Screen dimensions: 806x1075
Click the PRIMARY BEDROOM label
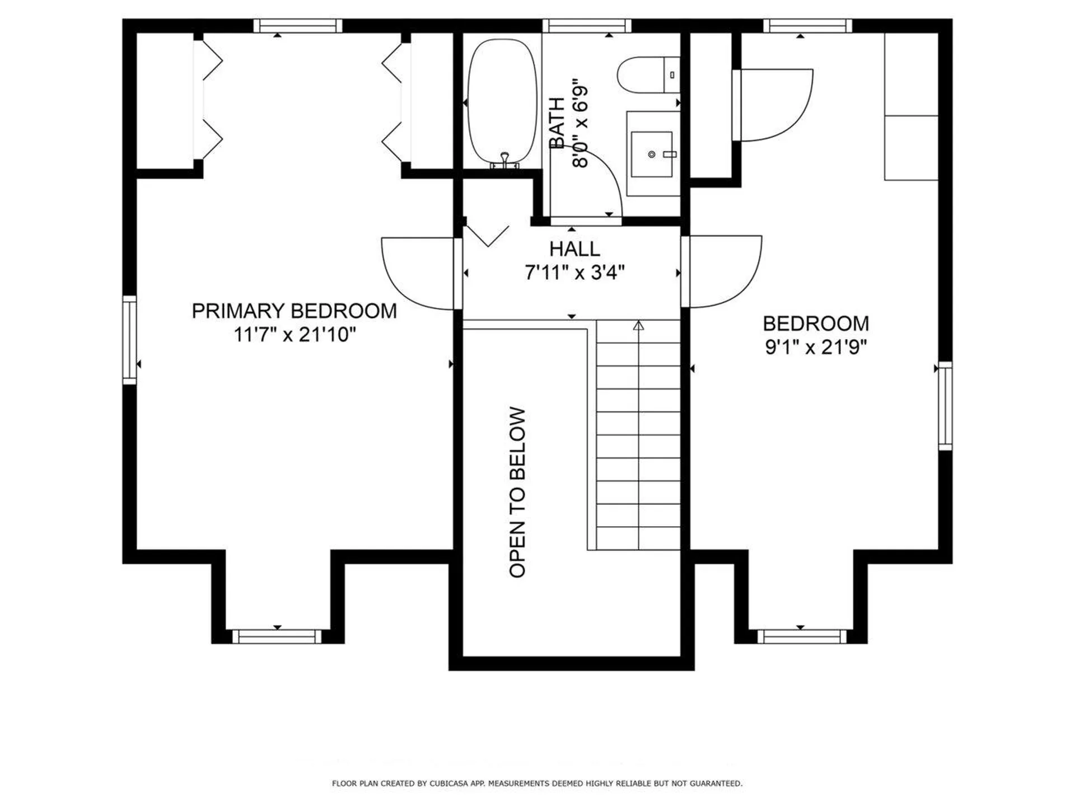click(294, 311)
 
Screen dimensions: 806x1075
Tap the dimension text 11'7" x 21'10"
click(295, 335)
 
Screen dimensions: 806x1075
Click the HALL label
click(574, 249)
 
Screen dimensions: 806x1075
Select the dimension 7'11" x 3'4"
click(574, 273)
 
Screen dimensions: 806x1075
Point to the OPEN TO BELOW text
click(517, 493)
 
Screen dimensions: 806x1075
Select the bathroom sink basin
click(651, 154)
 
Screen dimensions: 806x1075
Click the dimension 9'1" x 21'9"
click(816, 348)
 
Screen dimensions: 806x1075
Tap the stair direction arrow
click(639, 325)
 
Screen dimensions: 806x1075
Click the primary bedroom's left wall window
click(129, 340)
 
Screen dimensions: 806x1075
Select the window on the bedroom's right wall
click(945, 406)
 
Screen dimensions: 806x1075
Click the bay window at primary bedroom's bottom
click(277, 636)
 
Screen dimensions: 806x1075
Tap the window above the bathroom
click(587, 26)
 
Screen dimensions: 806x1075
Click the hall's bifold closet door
click(487, 235)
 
